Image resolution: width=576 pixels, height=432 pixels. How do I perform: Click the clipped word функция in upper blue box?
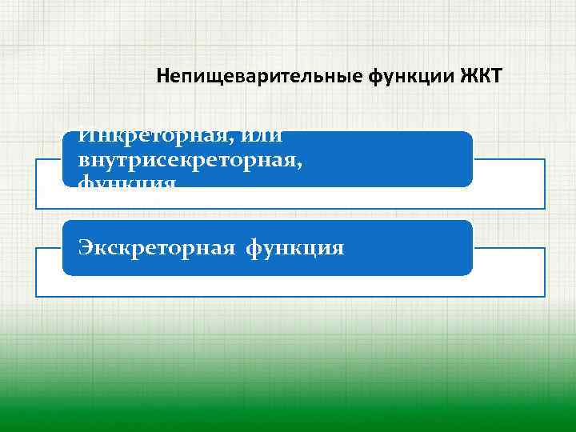(127, 182)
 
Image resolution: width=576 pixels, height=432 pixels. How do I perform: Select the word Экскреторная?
(157, 248)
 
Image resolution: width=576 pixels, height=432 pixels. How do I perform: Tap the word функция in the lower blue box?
(295, 249)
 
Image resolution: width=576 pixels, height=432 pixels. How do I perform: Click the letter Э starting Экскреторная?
(85, 248)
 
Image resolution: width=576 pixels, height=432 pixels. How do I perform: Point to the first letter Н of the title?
(162, 78)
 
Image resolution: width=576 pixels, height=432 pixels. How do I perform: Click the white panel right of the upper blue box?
(509, 184)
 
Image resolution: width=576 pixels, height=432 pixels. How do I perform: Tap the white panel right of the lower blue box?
(509, 272)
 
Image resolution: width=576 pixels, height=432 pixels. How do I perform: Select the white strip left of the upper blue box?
(49, 184)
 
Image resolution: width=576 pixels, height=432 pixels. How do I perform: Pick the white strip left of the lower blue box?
(49, 272)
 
